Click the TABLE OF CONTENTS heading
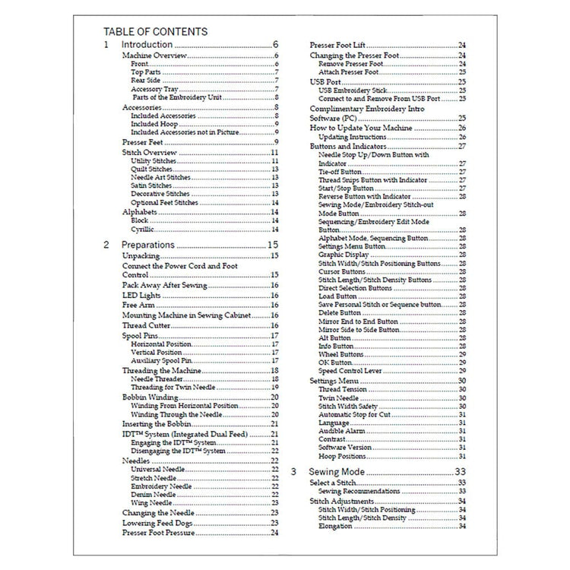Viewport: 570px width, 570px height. [155, 32]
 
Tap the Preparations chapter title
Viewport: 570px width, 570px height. [149, 245]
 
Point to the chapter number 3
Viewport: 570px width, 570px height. [293, 472]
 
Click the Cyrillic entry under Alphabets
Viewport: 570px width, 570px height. [142, 230]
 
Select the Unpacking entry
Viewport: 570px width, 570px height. [141, 257]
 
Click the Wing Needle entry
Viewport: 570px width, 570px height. [150, 503]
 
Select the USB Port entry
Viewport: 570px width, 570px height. [327, 81]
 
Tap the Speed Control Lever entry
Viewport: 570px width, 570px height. [350, 371]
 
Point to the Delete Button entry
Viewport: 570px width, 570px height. [339, 312]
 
